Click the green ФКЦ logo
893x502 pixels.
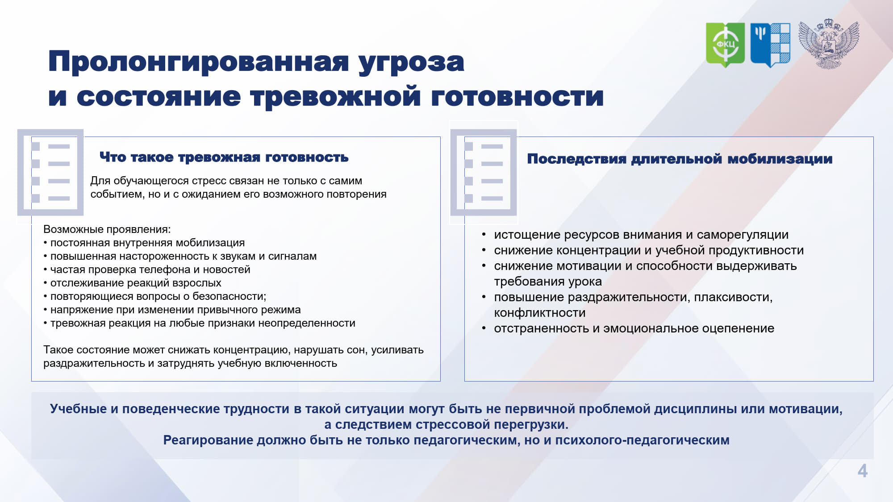point(725,45)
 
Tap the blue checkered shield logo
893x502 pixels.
point(770,45)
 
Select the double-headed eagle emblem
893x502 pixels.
point(829,44)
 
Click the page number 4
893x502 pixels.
point(863,471)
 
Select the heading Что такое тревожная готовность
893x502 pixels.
point(224,157)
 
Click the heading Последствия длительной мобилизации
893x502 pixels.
point(680,159)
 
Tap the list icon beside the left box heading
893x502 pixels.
point(50,172)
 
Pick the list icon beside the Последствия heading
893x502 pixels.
point(484,172)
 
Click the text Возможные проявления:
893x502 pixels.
point(107,229)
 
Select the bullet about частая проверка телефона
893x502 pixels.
point(147,270)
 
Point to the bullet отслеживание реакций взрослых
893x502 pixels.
point(132,283)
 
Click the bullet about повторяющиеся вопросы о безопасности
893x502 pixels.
point(155,296)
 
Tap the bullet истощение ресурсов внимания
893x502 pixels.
point(635,235)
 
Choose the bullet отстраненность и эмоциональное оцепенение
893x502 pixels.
point(628,328)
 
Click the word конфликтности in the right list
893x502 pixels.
point(540,313)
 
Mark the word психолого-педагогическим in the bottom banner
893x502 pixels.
point(642,440)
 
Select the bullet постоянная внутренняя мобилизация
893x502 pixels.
point(144,243)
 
